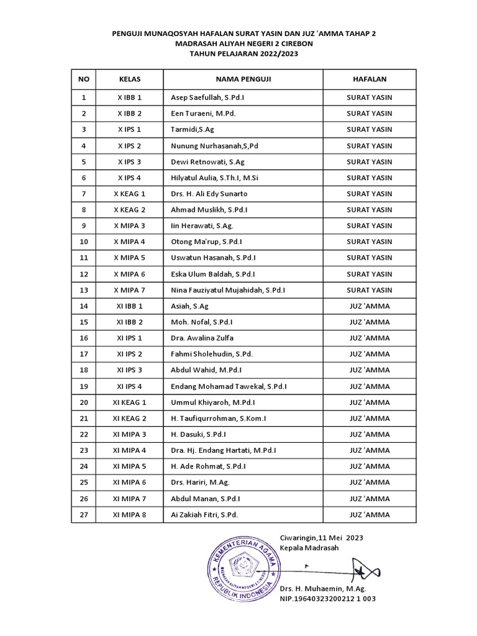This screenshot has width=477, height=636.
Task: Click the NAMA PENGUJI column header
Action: [x=243, y=79]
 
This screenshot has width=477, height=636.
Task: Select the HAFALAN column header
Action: [x=369, y=79]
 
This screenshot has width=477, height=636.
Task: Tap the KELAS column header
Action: [x=130, y=79]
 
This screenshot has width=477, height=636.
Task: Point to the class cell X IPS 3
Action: [x=130, y=161]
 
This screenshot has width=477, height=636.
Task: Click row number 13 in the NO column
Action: [x=84, y=290]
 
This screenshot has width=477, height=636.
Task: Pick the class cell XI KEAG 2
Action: [x=130, y=419]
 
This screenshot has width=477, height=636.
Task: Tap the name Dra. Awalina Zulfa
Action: [x=202, y=338]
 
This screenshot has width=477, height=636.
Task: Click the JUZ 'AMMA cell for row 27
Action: [x=369, y=514]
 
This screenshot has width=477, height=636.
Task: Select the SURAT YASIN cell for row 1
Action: [x=369, y=98]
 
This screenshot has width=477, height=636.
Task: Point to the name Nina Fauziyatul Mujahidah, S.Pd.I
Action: [x=228, y=290]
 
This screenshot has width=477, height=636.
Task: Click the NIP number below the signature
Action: [x=327, y=599]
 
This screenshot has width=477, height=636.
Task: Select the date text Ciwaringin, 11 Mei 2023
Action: [x=322, y=537]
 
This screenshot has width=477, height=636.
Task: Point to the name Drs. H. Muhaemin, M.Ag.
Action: [x=323, y=588]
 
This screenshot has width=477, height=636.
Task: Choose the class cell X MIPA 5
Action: [x=130, y=258]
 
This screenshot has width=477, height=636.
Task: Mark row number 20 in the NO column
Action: [x=84, y=402]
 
